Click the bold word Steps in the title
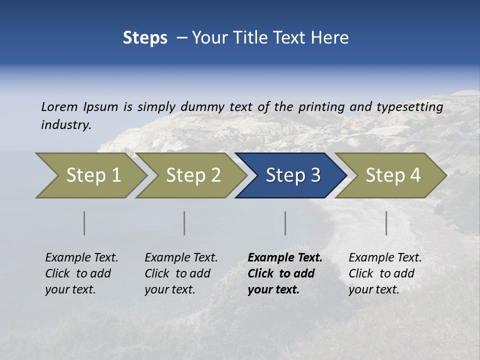point(145,38)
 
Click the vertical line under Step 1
point(84,223)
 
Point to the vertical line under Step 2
point(184,223)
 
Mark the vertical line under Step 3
point(285,223)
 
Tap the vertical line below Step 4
point(386,223)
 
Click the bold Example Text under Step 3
point(285,258)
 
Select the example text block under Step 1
point(81,273)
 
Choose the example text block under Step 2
point(181,273)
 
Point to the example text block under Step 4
point(385,273)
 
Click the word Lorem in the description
point(59,107)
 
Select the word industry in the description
point(65,124)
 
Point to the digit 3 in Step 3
point(315,175)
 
